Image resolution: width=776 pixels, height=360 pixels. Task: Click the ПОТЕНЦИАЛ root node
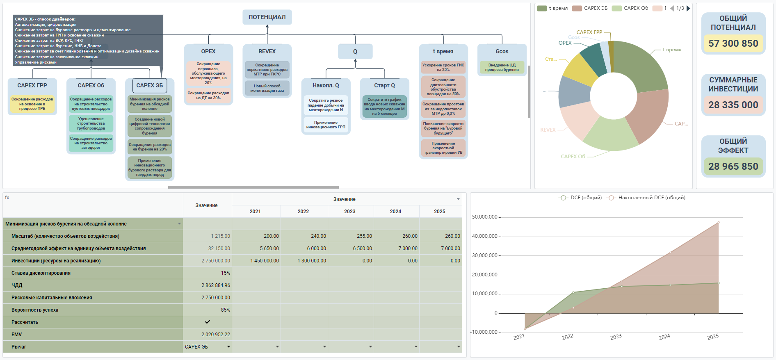click(267, 17)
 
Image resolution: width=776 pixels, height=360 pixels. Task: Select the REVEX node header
click(267, 51)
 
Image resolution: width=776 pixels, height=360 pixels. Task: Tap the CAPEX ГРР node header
click(32, 85)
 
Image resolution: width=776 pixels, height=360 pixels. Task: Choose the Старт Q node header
click(384, 85)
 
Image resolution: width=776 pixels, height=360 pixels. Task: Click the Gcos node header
click(502, 51)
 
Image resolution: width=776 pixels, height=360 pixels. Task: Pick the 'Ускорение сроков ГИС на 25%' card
click(443, 67)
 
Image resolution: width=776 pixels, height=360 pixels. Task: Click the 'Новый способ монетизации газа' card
click(267, 88)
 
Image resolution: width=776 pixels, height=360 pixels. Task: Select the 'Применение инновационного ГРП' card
click(326, 125)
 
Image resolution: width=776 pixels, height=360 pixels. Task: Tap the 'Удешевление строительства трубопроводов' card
click(91, 123)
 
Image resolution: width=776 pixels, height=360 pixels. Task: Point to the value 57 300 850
click(733, 43)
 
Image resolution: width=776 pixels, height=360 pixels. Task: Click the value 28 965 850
click(733, 166)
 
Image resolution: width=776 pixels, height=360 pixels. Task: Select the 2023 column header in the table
click(350, 212)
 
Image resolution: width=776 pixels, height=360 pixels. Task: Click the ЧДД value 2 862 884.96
click(216, 285)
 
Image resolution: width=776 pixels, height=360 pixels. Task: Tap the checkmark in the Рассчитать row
click(208, 322)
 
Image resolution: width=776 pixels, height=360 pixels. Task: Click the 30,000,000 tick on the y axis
click(484, 255)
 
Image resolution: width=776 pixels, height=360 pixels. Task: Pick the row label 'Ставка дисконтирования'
click(41, 273)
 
